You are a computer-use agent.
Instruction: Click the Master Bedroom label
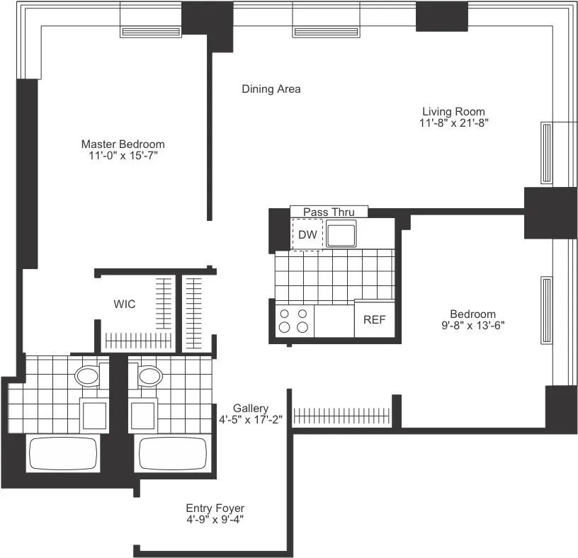click(123, 144)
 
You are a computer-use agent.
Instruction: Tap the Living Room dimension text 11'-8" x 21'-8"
click(453, 123)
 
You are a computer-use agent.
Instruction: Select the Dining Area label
click(271, 89)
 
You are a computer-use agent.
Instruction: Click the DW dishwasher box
click(307, 234)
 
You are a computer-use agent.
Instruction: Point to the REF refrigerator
click(374, 320)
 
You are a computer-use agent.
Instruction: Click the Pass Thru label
click(329, 212)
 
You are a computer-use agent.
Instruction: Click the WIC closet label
click(125, 304)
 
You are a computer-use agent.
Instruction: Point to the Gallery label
click(251, 409)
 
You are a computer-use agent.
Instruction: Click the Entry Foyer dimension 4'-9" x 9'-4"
click(215, 520)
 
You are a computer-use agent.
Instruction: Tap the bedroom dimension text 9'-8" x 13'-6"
click(472, 326)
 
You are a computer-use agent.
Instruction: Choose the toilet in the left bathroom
click(88, 375)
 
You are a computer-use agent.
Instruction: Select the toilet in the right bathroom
click(150, 375)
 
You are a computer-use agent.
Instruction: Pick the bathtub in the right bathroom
click(172, 454)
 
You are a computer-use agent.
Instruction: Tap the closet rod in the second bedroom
click(341, 416)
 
